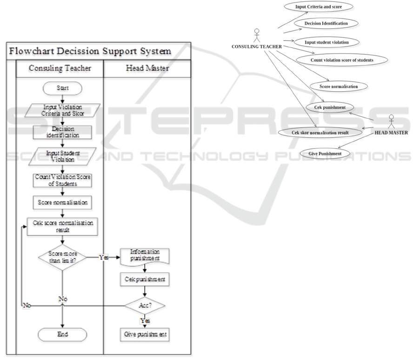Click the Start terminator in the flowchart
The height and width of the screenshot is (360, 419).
coord(62,88)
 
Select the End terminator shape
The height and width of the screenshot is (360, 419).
coord(62,334)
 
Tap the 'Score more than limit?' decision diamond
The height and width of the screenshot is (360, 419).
coord(62,257)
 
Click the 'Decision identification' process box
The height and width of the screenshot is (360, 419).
coord(62,132)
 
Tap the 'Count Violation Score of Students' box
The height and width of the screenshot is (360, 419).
coord(62,180)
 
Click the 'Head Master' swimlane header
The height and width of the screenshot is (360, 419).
coord(147,68)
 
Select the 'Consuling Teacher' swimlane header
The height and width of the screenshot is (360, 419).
coord(60,68)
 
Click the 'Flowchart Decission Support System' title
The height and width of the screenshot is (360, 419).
coord(91,51)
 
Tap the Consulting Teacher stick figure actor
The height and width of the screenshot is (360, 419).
coord(255,36)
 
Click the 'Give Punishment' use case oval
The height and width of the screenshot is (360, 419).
coord(326,153)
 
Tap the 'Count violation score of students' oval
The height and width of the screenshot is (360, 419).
coord(341,60)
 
